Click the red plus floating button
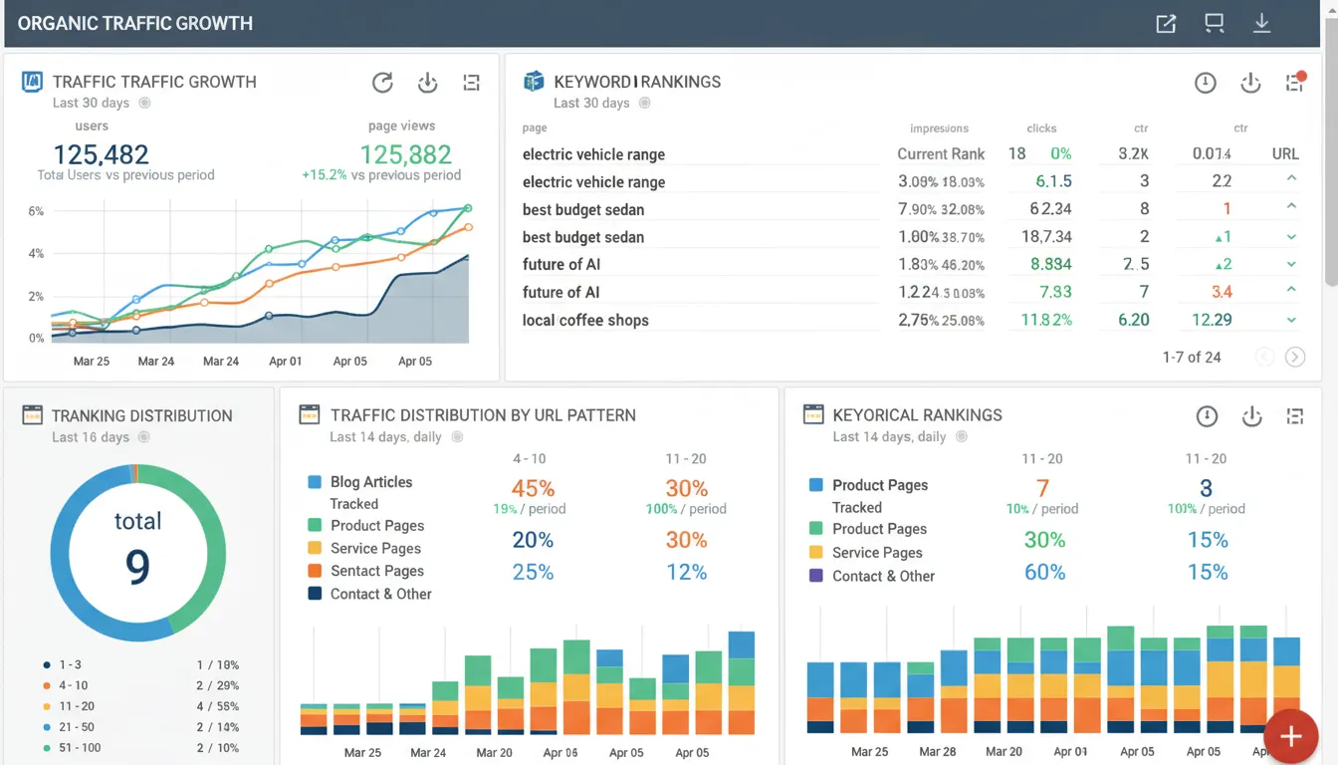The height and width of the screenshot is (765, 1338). point(1291,737)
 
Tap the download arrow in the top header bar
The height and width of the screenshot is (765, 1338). point(1261,23)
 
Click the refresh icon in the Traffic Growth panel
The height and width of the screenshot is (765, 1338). point(382,83)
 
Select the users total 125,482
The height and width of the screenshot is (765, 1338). point(101,154)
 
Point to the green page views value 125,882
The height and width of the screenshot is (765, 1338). point(405,154)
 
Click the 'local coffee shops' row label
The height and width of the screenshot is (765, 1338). point(585,320)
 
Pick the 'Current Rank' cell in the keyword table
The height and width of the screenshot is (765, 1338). point(941,153)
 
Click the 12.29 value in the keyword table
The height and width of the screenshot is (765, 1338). point(1212,320)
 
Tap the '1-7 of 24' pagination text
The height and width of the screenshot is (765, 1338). point(1192,357)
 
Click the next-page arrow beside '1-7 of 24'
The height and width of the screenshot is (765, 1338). point(1294,357)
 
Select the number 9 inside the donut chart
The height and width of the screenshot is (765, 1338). point(137,566)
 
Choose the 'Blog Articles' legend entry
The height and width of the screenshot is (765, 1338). point(370,482)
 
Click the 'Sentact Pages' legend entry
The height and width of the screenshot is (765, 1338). point(376,571)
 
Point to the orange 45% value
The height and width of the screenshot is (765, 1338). point(533,488)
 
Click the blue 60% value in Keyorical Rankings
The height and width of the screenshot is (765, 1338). point(1044,572)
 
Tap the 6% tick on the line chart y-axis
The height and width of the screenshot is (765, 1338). point(36,211)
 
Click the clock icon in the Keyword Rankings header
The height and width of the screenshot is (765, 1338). point(1205,83)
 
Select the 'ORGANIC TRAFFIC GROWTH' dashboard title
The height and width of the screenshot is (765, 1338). point(135,23)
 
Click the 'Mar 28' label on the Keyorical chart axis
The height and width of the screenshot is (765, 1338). point(938,752)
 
